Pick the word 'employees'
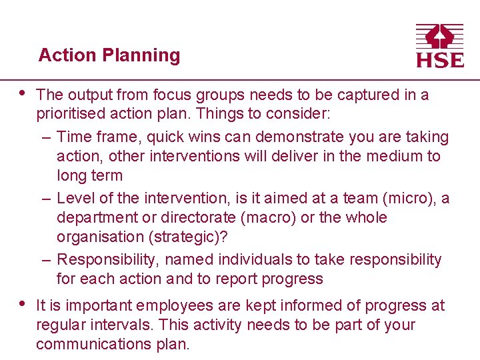point(169,306)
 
